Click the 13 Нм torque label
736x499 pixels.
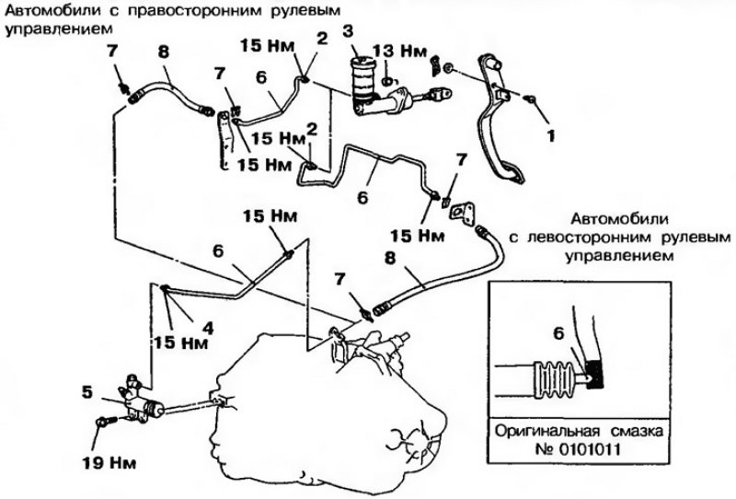(400, 52)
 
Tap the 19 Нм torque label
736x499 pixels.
(109, 463)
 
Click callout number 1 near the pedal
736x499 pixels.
(550, 135)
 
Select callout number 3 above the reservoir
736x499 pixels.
(348, 31)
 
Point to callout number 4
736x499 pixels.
(208, 328)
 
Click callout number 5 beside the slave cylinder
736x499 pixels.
(87, 393)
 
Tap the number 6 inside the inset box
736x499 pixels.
(558, 333)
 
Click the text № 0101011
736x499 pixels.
(578, 449)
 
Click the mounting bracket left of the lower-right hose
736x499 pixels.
(461, 211)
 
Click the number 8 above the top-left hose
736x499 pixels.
(164, 52)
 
